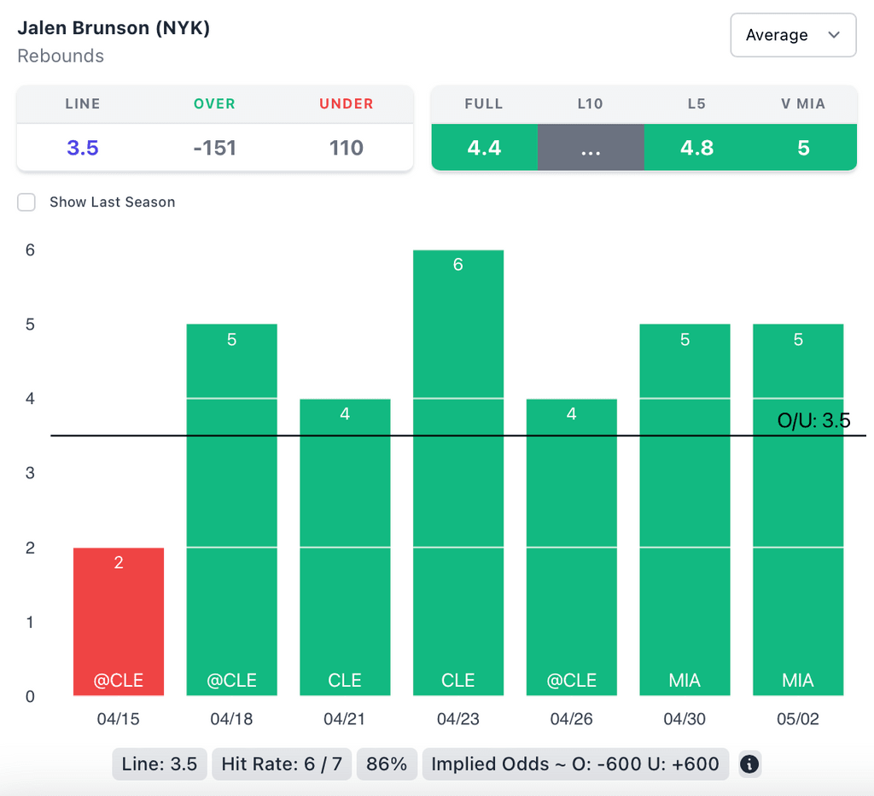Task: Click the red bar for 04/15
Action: click(x=119, y=621)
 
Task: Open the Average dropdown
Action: click(x=793, y=35)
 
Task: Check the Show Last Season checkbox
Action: click(x=27, y=202)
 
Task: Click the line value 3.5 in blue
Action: click(x=83, y=148)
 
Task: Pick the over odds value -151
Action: click(x=214, y=148)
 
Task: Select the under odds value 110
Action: click(x=346, y=148)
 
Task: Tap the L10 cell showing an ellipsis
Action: click(x=590, y=148)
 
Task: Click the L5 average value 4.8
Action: click(x=696, y=148)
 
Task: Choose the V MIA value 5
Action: click(x=803, y=148)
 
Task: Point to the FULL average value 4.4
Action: click(x=484, y=148)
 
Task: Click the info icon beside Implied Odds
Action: click(x=749, y=764)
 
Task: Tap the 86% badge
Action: click(x=387, y=764)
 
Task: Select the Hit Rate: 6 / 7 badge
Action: click(x=282, y=764)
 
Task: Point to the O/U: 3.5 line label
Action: click(x=813, y=421)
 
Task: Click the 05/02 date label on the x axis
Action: click(x=798, y=719)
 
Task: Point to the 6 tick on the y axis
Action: click(x=30, y=250)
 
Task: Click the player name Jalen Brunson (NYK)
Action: click(x=114, y=27)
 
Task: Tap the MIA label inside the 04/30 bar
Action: click(x=685, y=681)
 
